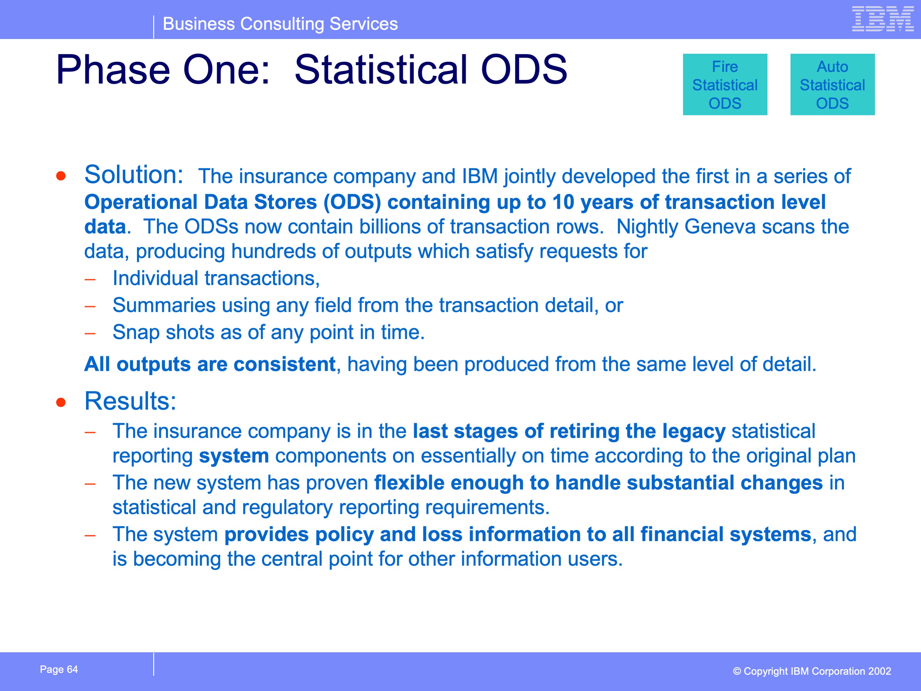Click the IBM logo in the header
883,18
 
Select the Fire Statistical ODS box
725,84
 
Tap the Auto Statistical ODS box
832,84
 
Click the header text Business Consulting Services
280,24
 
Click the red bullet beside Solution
61,176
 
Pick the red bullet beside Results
61,402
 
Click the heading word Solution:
134,174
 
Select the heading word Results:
130,401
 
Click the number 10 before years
563,202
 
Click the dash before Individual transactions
90,280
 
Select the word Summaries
164,305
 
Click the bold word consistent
284,364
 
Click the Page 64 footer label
59,669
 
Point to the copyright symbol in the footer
737,671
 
